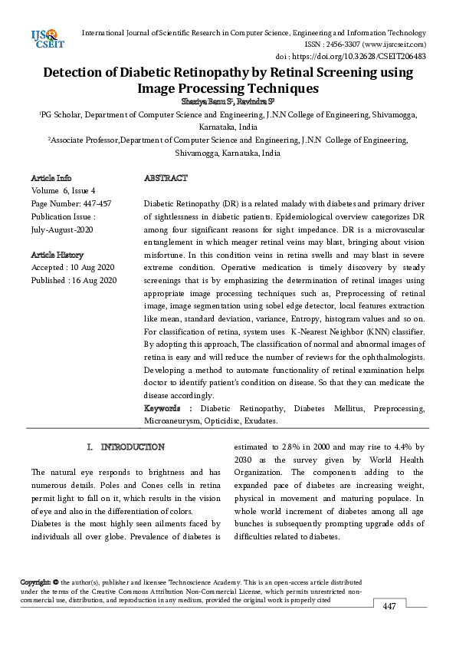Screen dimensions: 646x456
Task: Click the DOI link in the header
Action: (367, 57)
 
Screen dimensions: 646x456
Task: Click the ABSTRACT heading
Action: (165, 178)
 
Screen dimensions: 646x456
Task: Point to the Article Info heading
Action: (51, 178)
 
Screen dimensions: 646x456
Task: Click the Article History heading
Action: (57, 255)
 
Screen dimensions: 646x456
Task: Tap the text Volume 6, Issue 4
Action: (63, 190)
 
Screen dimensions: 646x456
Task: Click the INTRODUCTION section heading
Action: (132, 447)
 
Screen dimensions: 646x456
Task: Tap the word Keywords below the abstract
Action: (162, 409)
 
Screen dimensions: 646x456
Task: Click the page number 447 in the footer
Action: (389, 606)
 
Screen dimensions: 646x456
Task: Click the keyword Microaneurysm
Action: (168, 421)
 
